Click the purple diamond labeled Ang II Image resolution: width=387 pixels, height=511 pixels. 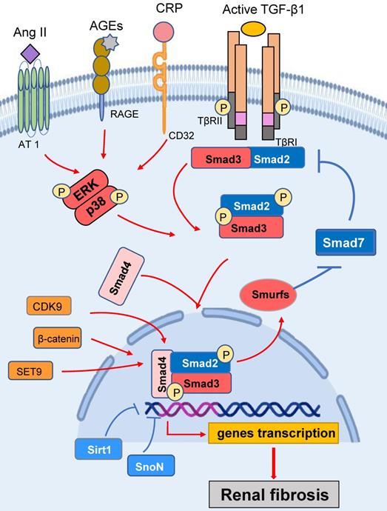[31, 53]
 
